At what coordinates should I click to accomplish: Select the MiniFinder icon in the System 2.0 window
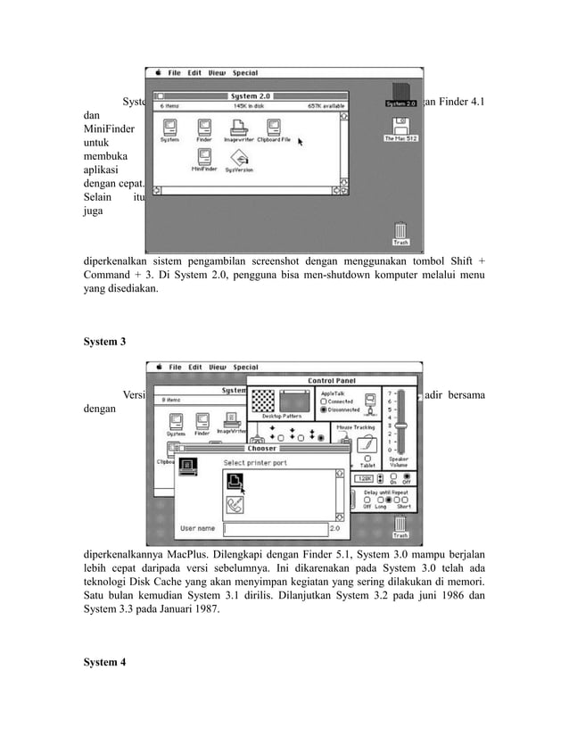205,159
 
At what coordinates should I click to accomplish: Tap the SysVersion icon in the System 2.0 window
240,159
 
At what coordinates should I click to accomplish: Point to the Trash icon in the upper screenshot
400,234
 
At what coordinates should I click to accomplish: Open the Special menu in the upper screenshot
245,73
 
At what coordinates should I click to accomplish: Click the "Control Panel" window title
332,381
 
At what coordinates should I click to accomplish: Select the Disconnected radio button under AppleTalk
322,411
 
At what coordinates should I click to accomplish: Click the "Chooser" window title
255,449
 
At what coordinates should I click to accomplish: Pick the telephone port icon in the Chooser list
234,504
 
